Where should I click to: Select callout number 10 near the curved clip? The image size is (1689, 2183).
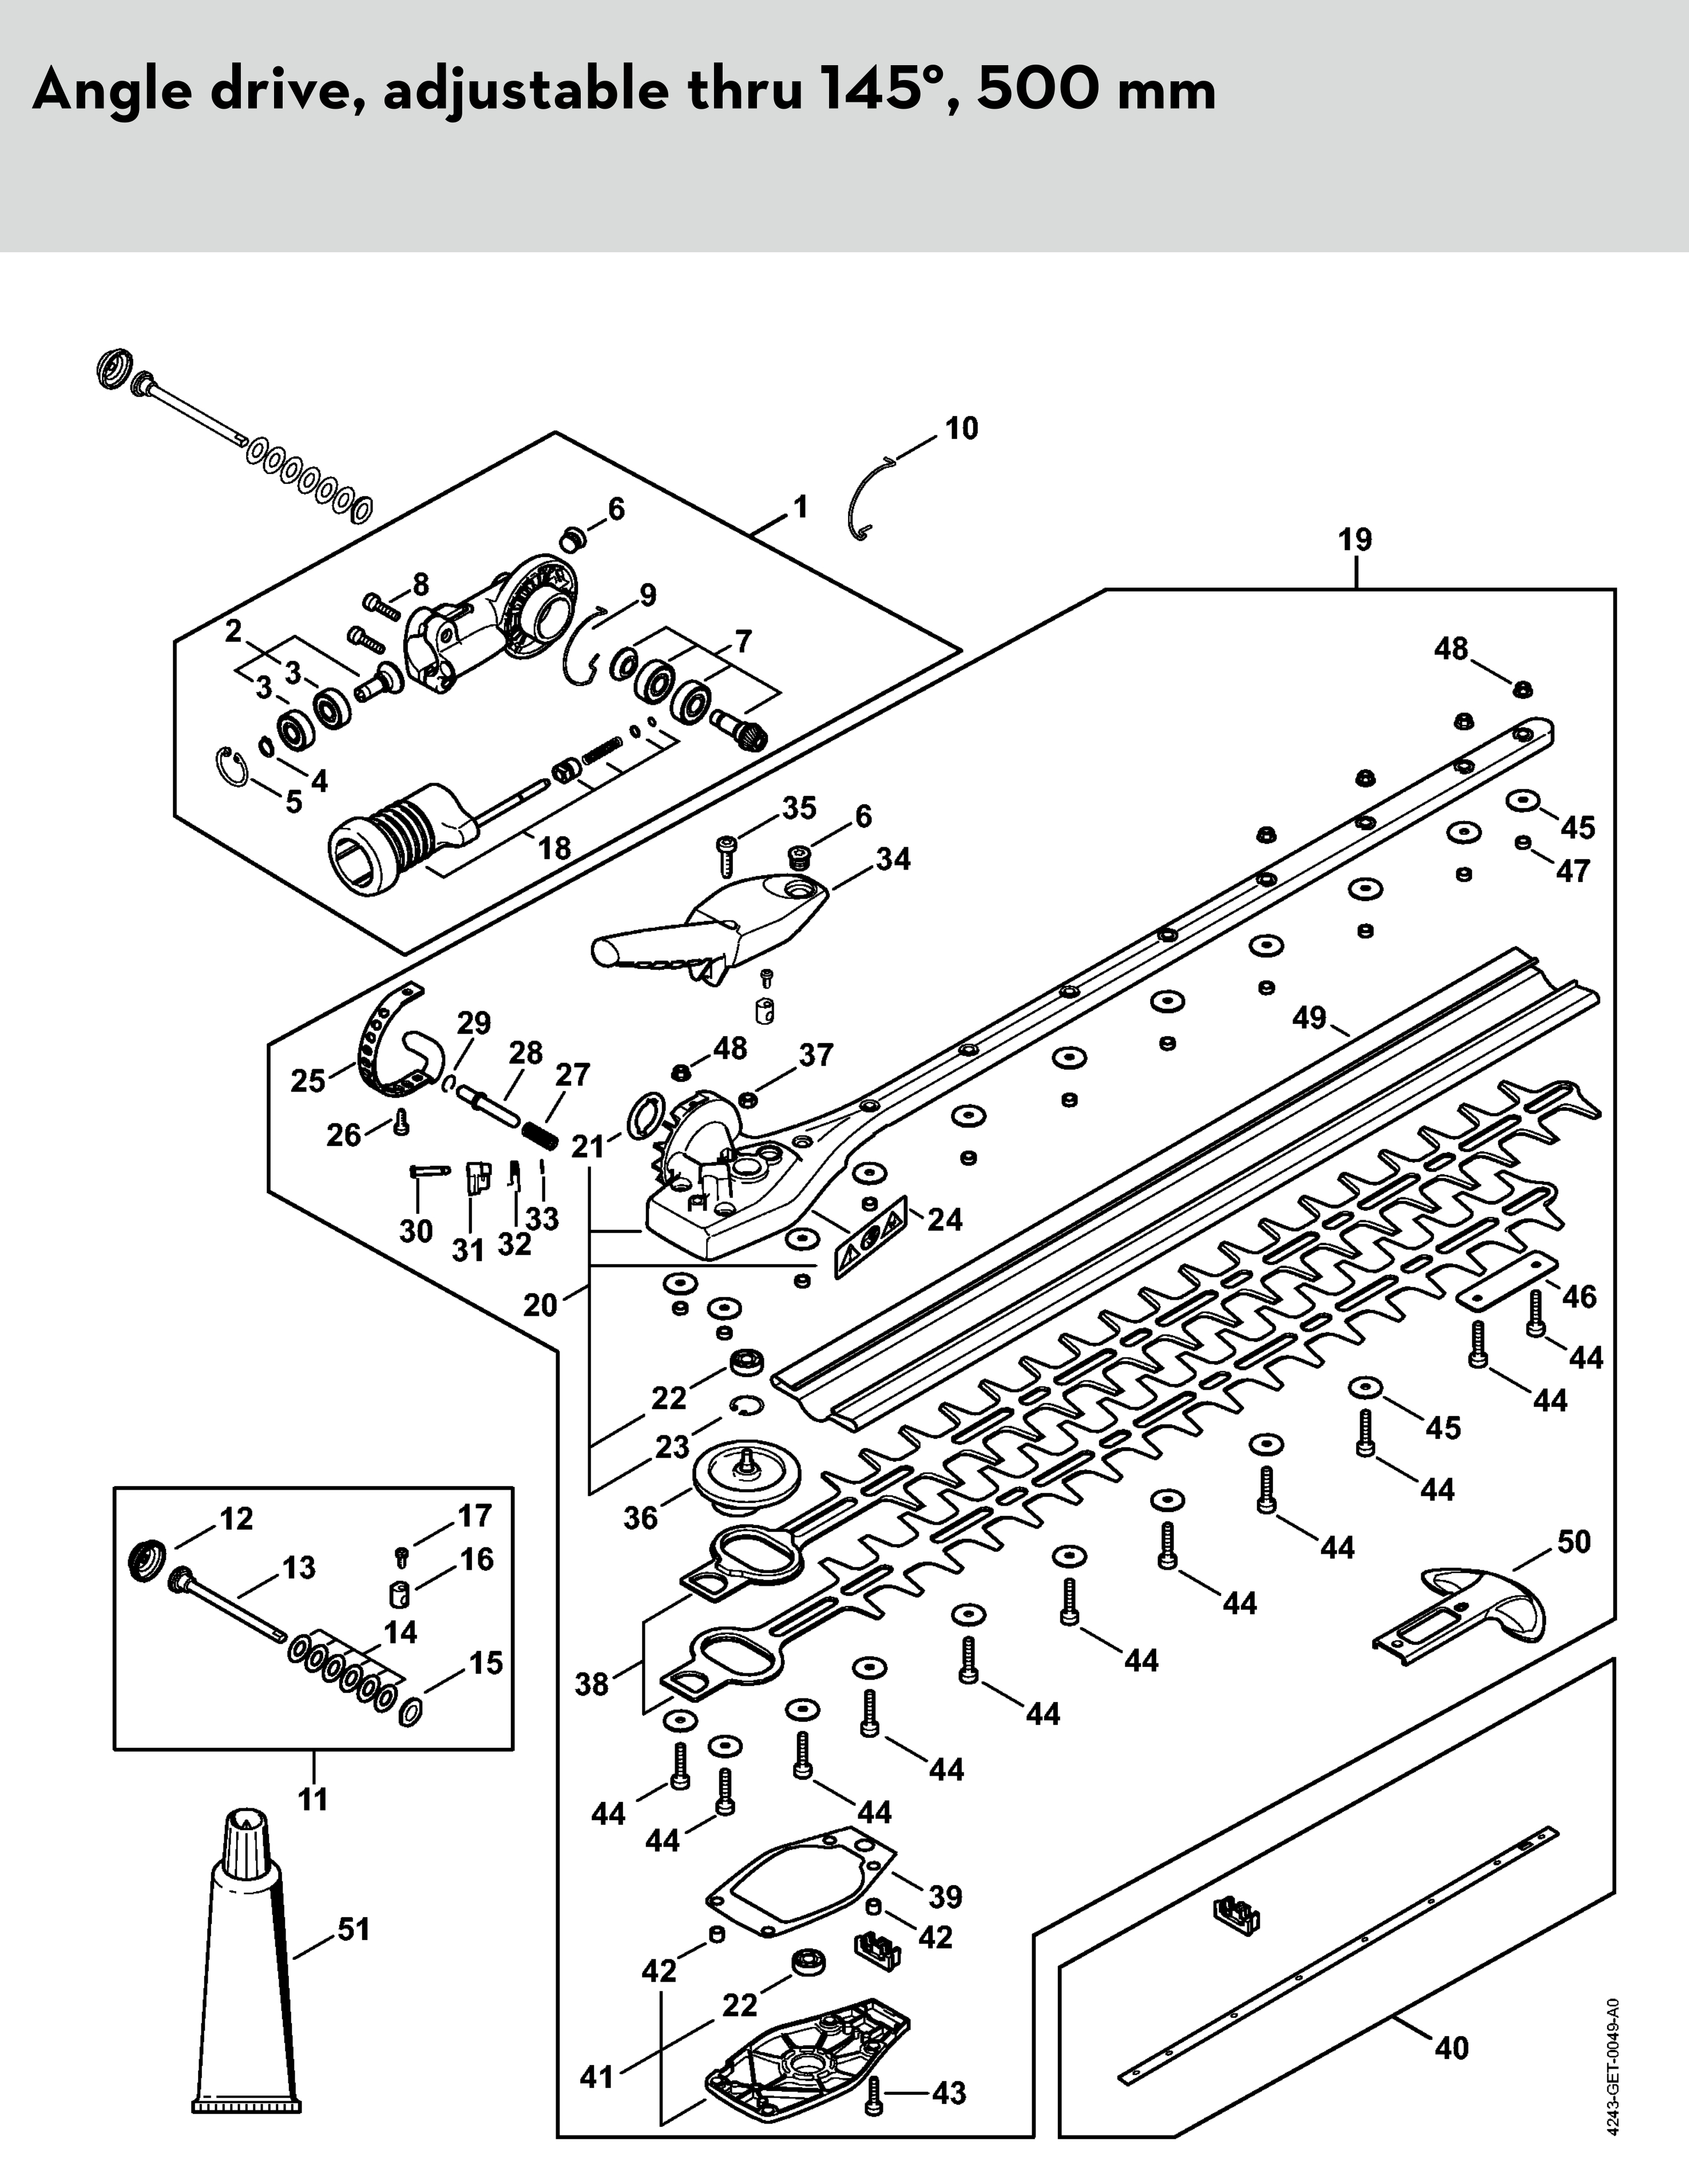coord(961,429)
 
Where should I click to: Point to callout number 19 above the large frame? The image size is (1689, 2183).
coord(1355,541)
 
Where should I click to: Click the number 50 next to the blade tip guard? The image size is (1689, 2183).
coord(1573,1542)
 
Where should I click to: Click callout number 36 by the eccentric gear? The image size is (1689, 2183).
coord(641,1518)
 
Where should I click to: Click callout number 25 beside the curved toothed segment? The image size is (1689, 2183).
coord(308,1082)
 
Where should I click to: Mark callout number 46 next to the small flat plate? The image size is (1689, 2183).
coord(1579,1296)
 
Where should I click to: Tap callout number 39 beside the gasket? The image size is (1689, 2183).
coord(945,1896)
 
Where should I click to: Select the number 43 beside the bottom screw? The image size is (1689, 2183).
coord(949,2093)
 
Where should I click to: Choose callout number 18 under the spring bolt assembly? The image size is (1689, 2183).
coord(554,848)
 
